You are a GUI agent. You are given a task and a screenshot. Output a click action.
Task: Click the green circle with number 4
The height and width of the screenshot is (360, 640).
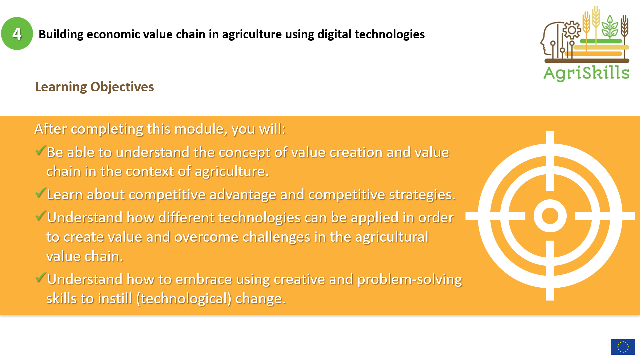click(17, 34)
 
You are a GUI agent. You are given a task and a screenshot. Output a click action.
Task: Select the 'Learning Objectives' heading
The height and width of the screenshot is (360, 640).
click(94, 87)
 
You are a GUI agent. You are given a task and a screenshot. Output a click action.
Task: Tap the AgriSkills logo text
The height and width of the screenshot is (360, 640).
click(586, 73)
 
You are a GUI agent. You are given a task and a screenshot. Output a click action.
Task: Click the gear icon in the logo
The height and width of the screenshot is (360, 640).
click(572, 30)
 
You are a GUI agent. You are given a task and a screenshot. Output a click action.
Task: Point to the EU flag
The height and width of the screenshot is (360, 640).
click(623, 347)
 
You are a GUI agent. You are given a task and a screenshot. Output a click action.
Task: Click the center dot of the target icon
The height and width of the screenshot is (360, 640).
click(550, 216)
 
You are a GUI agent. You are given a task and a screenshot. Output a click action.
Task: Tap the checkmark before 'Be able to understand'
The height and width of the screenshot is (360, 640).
click(40, 150)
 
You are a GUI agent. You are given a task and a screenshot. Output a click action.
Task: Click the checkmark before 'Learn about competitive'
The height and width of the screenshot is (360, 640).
click(40, 193)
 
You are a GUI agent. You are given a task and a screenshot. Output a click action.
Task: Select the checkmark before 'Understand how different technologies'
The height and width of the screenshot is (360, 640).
click(40, 216)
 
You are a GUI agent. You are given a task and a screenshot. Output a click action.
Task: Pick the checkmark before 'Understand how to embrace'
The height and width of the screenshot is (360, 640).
click(40, 277)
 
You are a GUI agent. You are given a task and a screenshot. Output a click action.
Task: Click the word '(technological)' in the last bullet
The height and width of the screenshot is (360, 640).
click(184, 299)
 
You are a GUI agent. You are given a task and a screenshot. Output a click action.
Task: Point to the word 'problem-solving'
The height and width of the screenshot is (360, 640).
click(410, 280)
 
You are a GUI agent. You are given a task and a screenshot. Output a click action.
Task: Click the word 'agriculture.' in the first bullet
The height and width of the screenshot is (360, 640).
click(232, 172)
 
